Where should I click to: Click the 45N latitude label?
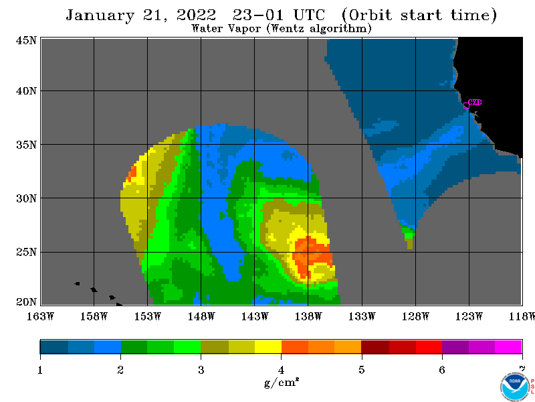point(26,40)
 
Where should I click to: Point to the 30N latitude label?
point(26,198)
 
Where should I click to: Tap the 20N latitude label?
point(26,302)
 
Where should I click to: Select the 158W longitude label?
point(94,316)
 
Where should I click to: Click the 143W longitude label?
point(255,316)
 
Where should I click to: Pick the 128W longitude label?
point(415,316)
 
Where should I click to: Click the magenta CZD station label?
point(475,103)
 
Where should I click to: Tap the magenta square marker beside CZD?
point(466,105)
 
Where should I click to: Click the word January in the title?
point(100,15)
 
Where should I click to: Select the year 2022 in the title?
point(196,15)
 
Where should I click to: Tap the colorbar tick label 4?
point(281,370)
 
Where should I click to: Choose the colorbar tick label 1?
point(40,370)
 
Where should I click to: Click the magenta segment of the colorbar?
point(508,346)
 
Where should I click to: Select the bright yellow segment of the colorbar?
point(268,346)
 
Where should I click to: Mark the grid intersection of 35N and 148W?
point(201,145)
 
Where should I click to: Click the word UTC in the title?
point(309,15)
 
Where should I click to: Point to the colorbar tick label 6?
point(442,370)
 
